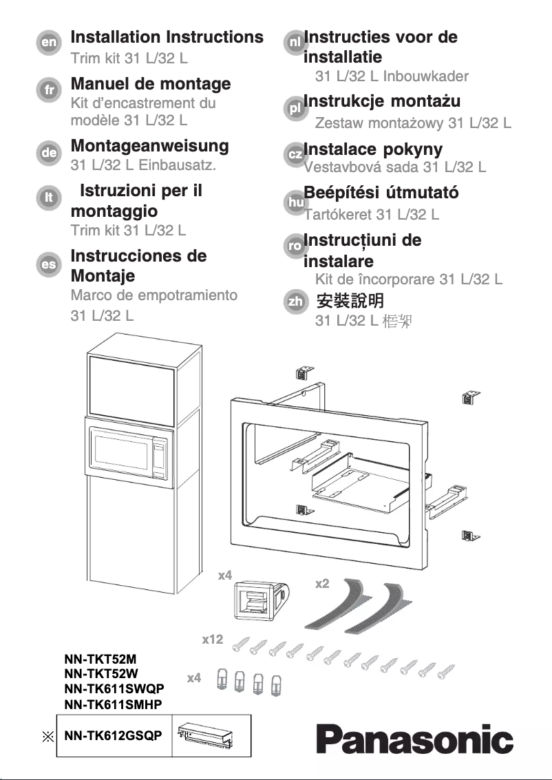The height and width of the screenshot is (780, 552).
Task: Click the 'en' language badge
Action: tap(48, 42)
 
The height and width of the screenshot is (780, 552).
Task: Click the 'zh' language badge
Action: tap(295, 302)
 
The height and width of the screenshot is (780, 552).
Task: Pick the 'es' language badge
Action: tap(48, 264)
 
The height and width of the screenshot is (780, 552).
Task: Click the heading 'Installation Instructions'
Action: tap(167, 36)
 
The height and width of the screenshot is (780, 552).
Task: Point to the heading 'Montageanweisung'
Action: tap(149, 146)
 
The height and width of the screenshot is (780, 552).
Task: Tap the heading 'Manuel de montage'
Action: tap(151, 84)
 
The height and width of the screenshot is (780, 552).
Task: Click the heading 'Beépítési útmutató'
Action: tap(381, 193)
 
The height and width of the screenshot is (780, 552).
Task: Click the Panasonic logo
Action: tap(415, 739)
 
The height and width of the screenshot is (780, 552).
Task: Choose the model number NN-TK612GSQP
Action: tap(114, 735)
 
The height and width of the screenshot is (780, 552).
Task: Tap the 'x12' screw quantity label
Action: tap(213, 640)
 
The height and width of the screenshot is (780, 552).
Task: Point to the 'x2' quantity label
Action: tap(321, 584)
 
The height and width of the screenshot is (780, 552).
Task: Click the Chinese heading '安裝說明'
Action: tap(350, 302)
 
